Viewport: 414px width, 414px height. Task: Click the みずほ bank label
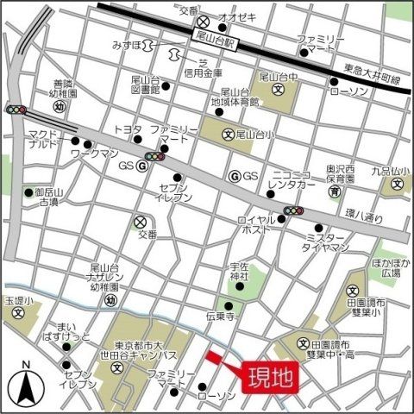(128, 44)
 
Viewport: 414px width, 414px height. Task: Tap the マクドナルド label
(41, 140)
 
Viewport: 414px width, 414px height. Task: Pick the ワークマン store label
(94, 153)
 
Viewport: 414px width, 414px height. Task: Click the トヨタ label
(128, 129)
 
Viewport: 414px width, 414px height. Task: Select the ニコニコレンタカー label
(298, 177)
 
